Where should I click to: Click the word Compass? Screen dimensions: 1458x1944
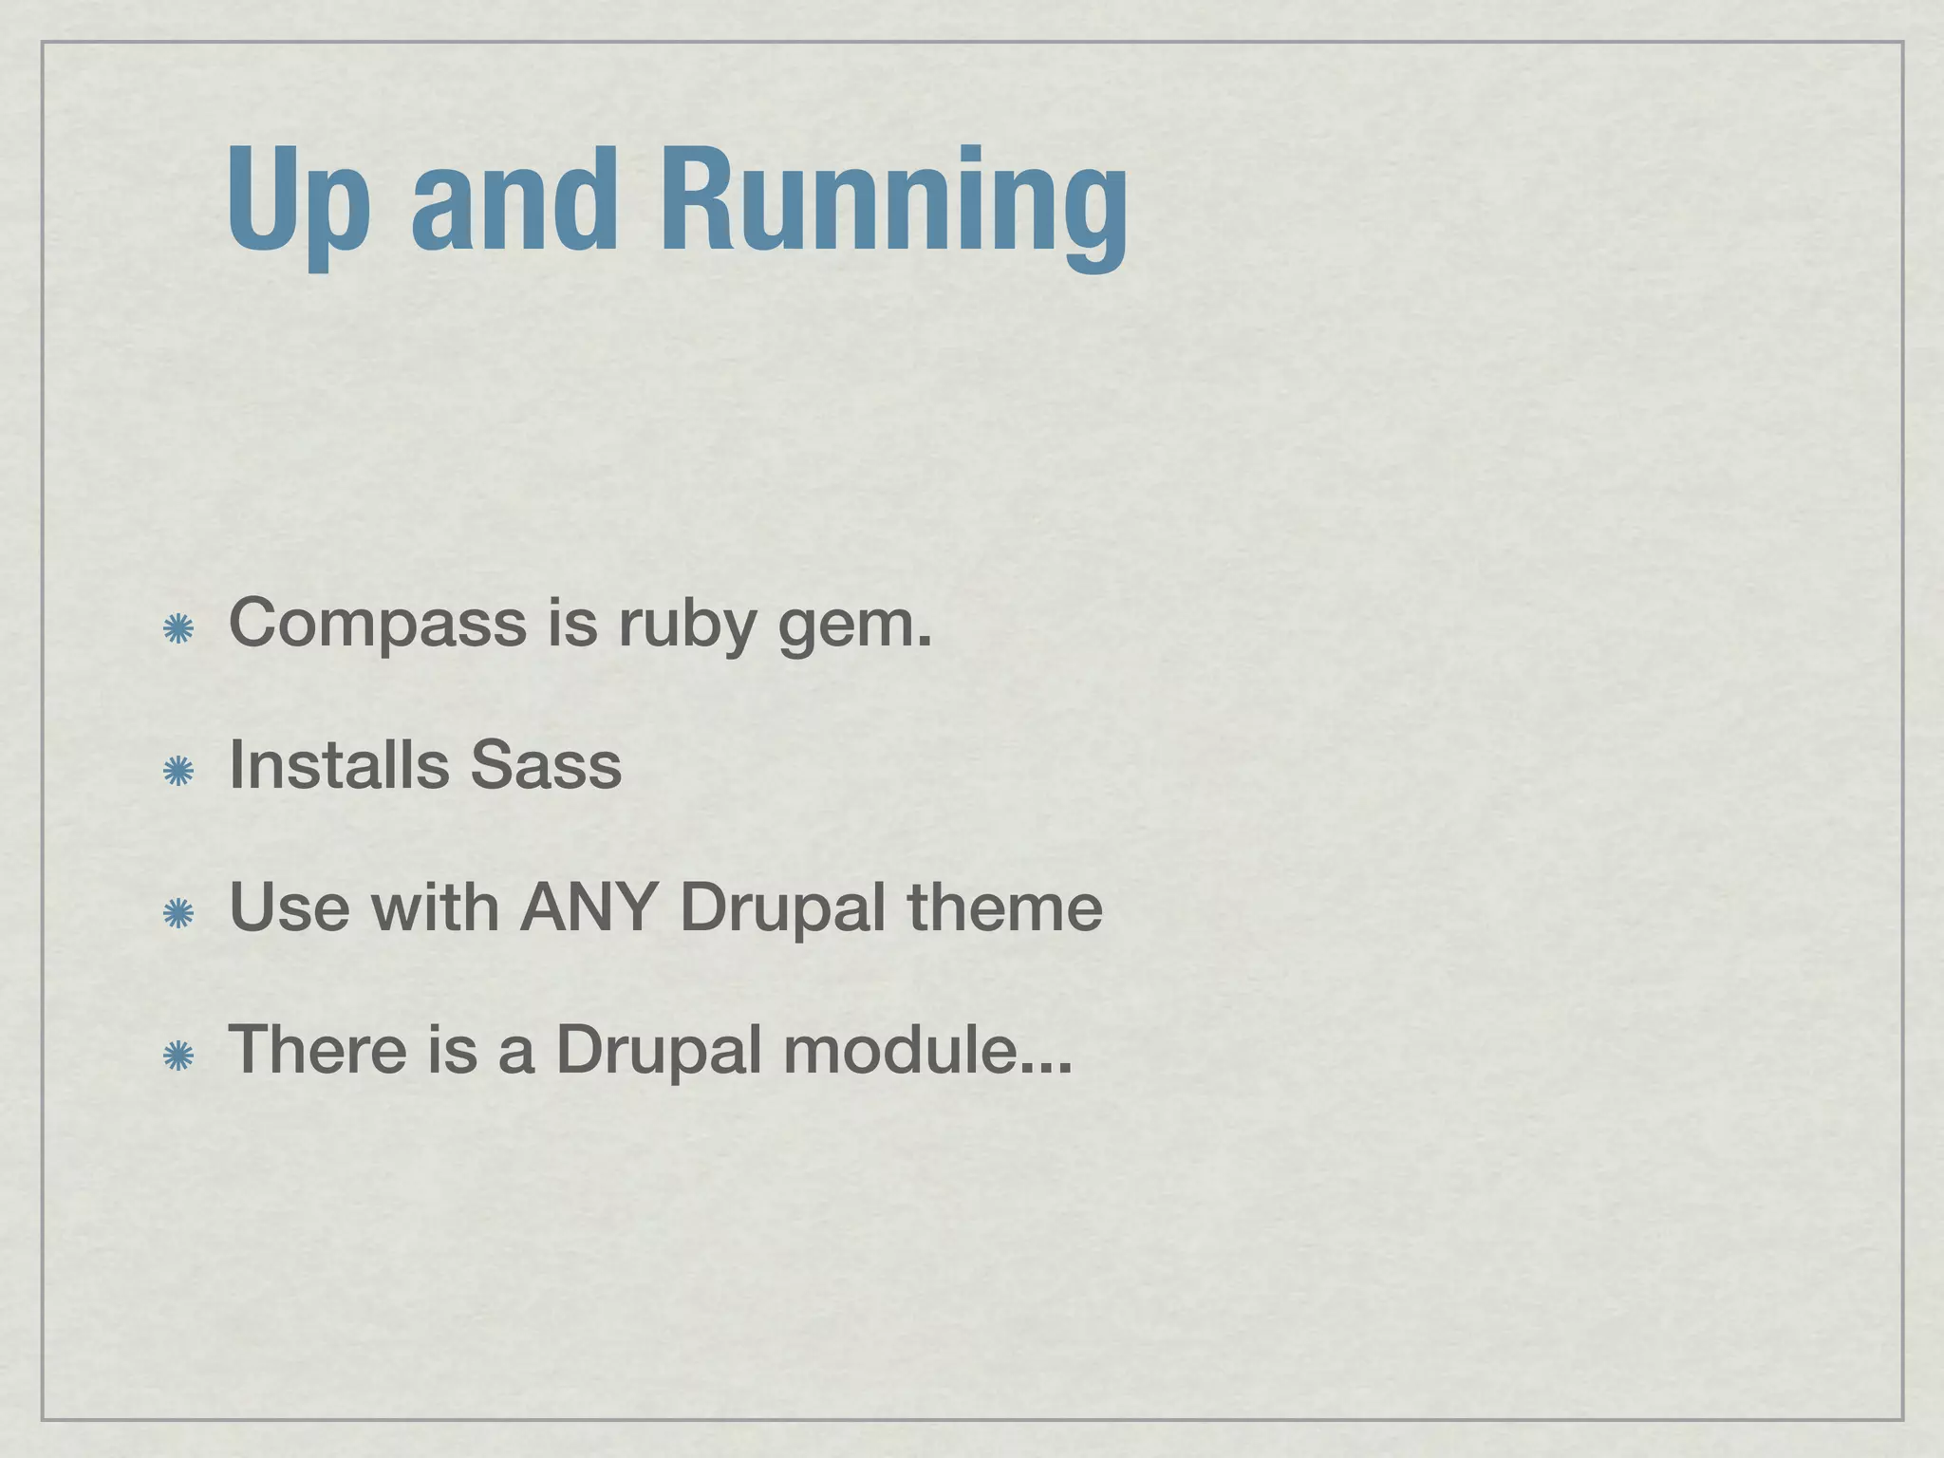point(378,625)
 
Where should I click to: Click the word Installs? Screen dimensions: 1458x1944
point(339,764)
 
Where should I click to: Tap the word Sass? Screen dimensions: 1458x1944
point(546,765)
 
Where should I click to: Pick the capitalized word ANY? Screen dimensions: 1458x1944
point(589,907)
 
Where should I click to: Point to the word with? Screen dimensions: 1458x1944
point(435,907)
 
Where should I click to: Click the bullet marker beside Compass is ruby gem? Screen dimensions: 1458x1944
point(178,629)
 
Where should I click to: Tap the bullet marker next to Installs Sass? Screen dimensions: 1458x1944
point(178,772)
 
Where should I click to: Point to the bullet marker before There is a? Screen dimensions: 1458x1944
point(178,1056)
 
